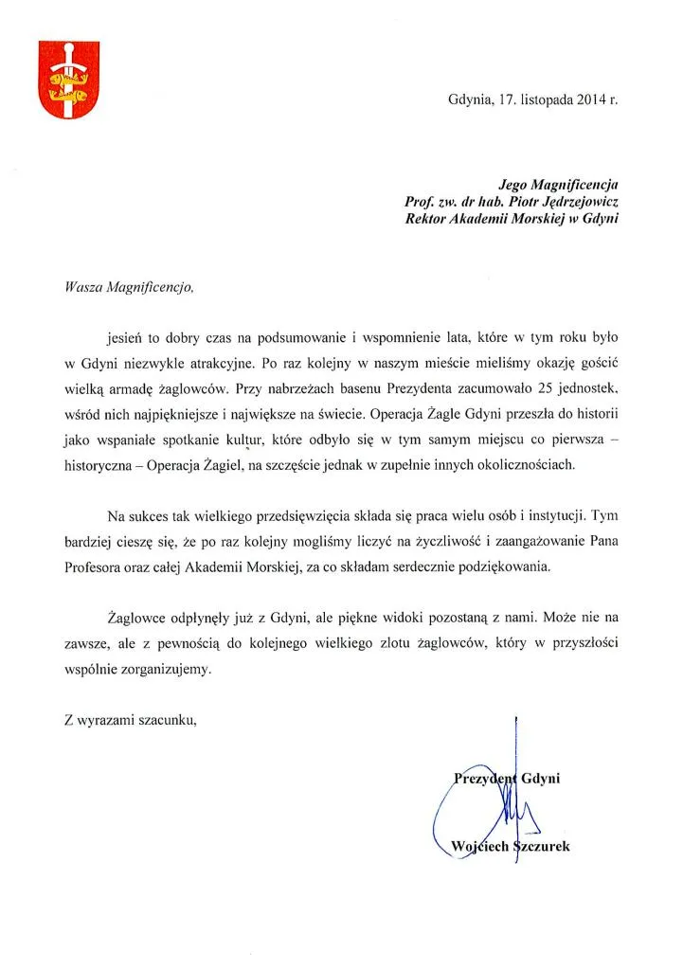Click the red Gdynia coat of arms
[63, 81]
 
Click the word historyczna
[94, 466]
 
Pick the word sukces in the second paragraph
[155, 517]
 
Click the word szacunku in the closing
[163, 722]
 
